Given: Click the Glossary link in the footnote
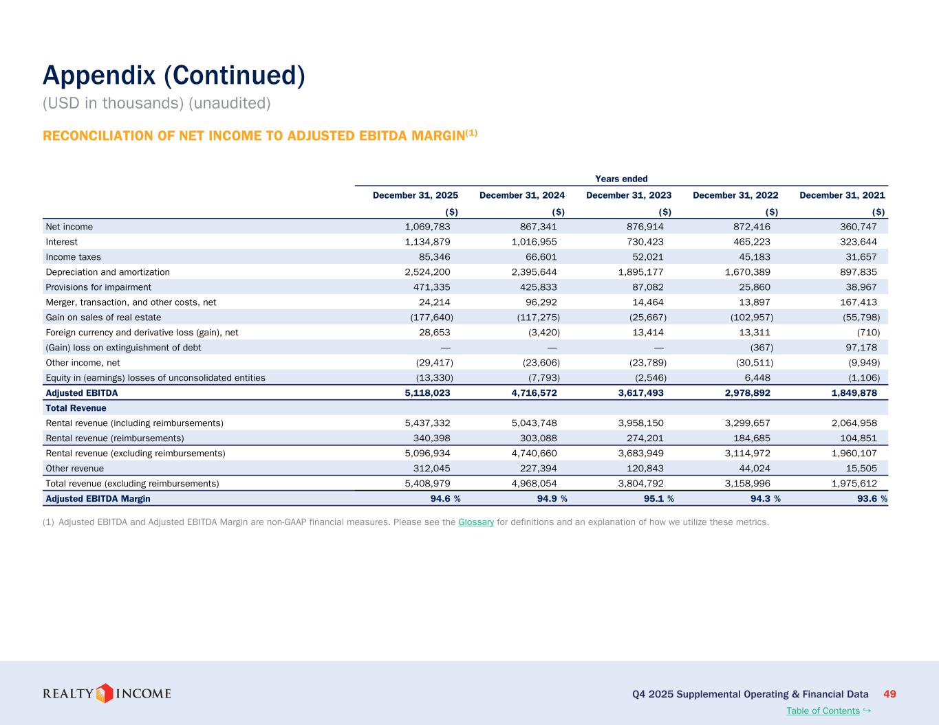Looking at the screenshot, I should coord(476,522).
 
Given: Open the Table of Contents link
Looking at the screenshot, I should coord(823,711).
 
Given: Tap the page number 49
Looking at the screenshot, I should coord(889,694).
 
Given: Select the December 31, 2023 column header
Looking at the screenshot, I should coord(629,195).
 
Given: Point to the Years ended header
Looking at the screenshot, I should coord(621,179).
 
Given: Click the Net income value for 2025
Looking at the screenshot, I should coord(427,227).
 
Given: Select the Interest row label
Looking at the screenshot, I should coord(61,242).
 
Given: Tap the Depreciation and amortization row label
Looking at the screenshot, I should coord(107,272).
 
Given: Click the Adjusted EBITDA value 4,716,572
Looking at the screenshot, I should coord(529,393).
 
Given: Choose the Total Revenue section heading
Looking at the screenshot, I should coord(76,408).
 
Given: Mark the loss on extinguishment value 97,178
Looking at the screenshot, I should coord(861,348).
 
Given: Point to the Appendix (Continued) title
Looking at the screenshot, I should coord(173,76).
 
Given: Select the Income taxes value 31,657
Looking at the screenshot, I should coord(861,257).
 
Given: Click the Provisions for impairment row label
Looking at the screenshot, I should coord(98,287).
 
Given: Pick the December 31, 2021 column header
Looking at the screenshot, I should coord(842,195).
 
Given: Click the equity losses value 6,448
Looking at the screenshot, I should coord(756,378).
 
